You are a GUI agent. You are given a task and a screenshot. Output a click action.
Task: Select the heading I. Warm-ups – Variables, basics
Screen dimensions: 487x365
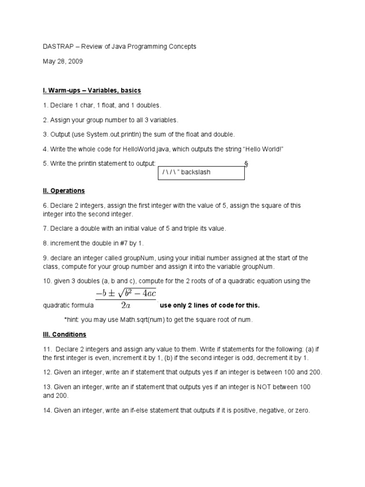click(x=92, y=90)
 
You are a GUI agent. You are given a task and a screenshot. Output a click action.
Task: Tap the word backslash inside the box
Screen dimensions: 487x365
click(x=195, y=172)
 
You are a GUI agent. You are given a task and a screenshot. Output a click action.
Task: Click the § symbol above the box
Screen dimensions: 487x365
click(x=246, y=164)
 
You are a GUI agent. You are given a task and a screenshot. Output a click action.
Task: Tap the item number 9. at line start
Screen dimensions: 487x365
click(x=46, y=258)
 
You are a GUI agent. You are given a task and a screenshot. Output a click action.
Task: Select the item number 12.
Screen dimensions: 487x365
click(x=47, y=372)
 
